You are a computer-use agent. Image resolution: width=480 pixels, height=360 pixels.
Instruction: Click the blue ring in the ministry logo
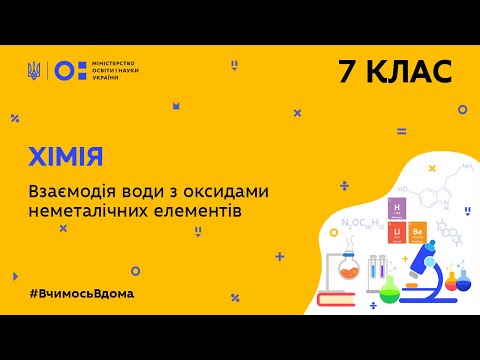tap(62, 70)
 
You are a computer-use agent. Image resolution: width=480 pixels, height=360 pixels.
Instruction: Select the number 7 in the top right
tap(348, 71)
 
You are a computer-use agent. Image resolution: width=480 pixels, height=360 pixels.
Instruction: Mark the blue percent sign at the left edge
tap(15, 118)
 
